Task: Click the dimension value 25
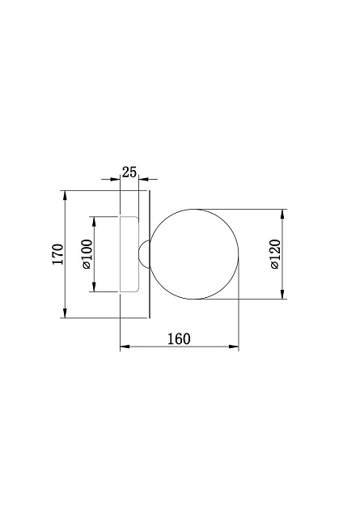[x=129, y=172]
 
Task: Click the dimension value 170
[x=57, y=253]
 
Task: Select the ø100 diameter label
[x=87, y=254]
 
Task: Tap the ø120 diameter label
[x=274, y=254]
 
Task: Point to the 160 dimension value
[x=179, y=338]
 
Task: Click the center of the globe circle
[x=194, y=254]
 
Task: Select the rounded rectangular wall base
[x=129, y=254]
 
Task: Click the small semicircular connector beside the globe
[x=143, y=253]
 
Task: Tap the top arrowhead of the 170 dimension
[x=66, y=195]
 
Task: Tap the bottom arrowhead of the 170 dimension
[x=66, y=313]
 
